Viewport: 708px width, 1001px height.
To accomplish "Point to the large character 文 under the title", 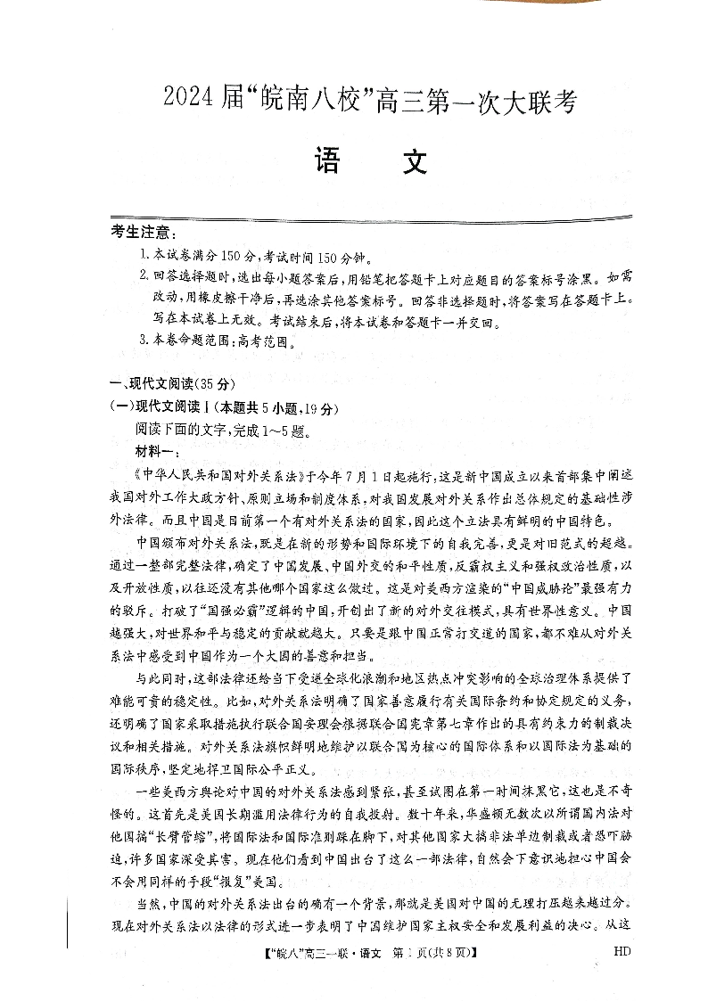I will [x=409, y=162].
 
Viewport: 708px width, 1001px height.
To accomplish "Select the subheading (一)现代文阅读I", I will [x=171, y=408].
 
